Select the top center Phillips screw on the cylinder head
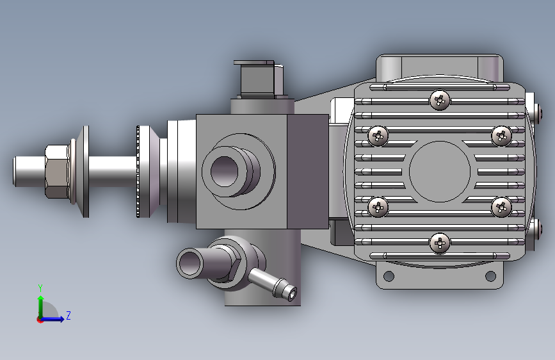coord(440,99)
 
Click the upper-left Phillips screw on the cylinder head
coord(379,136)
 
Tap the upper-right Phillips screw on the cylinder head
coord(501,136)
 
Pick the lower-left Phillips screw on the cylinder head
coord(379,206)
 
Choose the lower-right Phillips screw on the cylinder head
coord(501,206)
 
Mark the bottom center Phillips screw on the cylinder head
coord(440,242)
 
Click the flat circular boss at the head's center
coord(440,170)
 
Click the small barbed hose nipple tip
coord(291,293)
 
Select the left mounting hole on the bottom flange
coord(388,276)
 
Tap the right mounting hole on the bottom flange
coord(490,276)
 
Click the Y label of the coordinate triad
coord(40,288)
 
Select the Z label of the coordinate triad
coord(68,316)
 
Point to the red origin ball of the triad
coord(40,319)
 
